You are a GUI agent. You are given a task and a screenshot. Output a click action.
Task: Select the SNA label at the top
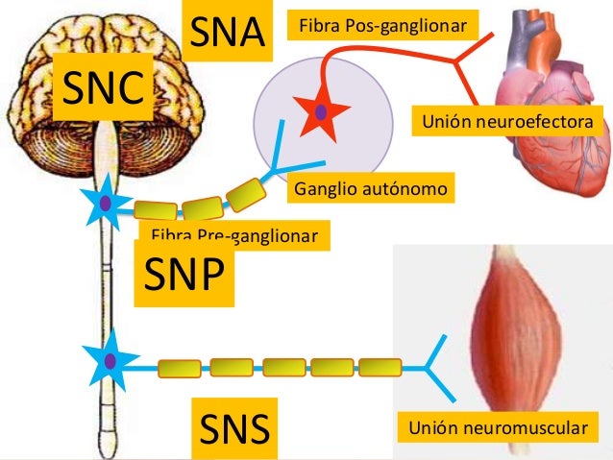tap(227, 32)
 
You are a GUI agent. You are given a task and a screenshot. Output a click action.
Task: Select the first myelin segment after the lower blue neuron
tap(180, 368)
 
